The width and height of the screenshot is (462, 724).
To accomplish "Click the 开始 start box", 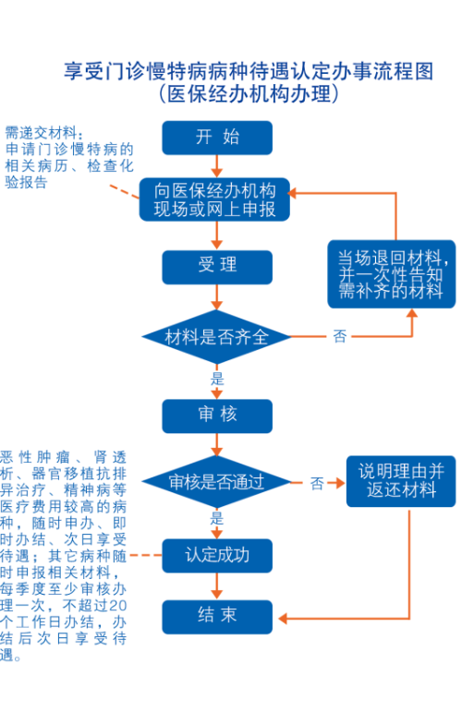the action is click(x=216, y=138).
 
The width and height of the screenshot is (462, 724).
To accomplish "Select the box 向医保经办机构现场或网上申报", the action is click(x=214, y=199).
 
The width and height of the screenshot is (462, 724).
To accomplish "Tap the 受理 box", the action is click(x=216, y=267).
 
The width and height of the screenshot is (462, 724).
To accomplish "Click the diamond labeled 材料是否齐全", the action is click(x=216, y=336).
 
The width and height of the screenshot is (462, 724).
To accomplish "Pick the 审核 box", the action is click(x=216, y=416).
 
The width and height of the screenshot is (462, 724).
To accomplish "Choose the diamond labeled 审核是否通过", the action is click(x=216, y=482).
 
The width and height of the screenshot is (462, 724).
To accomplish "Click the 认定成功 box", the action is click(x=216, y=556).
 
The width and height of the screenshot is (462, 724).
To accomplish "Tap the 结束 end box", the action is click(x=216, y=617).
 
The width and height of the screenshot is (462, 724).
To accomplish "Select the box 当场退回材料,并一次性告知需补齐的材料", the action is click(x=392, y=273).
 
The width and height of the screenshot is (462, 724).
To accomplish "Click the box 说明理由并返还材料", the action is click(x=401, y=481).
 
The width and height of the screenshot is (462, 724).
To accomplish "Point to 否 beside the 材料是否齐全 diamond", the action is click(x=340, y=336).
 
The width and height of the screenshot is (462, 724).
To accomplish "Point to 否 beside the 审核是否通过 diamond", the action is click(x=317, y=483).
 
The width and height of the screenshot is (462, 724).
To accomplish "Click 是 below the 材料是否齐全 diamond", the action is click(x=216, y=379).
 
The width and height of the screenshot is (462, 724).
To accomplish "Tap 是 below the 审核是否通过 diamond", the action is click(x=216, y=518).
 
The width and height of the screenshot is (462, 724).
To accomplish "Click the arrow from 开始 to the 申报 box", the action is click(x=216, y=166).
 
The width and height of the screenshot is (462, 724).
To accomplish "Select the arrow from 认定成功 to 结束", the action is click(x=216, y=586).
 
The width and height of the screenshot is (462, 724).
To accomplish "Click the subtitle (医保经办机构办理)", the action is click(x=249, y=94).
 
